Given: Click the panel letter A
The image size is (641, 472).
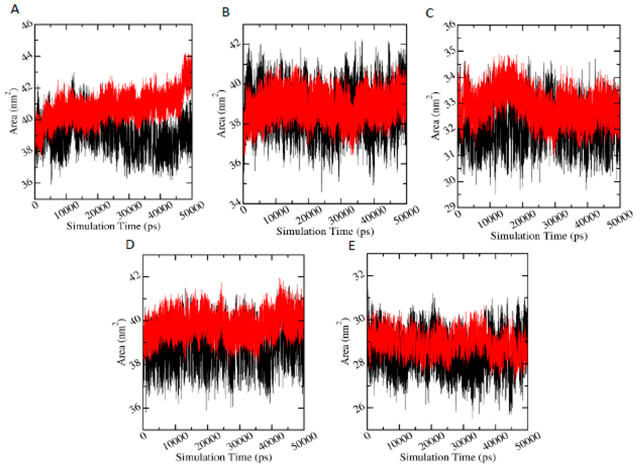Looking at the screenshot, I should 15,10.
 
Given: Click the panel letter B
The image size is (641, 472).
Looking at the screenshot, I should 225,13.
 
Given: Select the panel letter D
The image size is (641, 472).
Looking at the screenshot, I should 130,245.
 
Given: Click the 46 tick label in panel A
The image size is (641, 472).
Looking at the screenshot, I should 27,26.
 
